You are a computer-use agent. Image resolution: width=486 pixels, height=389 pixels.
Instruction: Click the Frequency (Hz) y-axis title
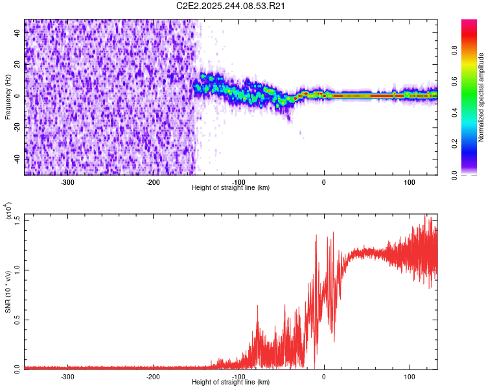(8, 97)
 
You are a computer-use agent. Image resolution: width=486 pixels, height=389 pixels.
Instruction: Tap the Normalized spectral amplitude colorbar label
(481, 97)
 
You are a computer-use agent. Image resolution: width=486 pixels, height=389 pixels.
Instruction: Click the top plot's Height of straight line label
(231, 187)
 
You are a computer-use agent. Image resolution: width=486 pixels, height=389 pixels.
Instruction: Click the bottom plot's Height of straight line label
(231, 382)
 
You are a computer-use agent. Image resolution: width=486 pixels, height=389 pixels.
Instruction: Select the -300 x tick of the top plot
(68, 182)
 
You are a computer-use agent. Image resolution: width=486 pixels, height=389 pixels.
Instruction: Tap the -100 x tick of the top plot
(238, 182)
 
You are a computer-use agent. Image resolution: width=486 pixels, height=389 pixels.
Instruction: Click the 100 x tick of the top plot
(409, 182)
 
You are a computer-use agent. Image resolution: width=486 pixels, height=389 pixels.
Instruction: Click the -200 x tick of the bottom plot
(154, 376)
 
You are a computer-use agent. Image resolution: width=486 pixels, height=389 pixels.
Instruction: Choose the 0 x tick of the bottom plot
(324, 376)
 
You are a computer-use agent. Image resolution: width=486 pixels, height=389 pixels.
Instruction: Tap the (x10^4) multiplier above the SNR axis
(8, 212)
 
